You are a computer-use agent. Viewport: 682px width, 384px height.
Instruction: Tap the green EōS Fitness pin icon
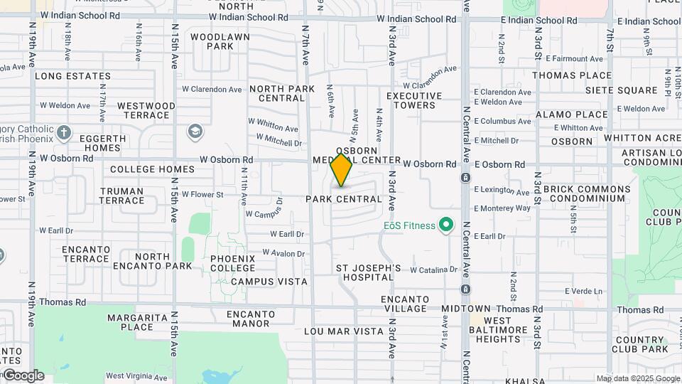click(x=446, y=225)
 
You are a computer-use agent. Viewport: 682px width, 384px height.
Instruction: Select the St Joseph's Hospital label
click(x=369, y=272)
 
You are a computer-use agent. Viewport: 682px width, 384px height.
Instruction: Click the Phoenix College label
click(x=232, y=263)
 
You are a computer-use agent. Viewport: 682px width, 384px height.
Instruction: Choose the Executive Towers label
click(x=414, y=100)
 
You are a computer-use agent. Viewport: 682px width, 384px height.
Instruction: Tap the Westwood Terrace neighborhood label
click(x=146, y=110)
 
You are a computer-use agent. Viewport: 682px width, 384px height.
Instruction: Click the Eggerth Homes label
click(x=102, y=142)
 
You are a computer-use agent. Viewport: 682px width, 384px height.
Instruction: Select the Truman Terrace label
click(x=122, y=196)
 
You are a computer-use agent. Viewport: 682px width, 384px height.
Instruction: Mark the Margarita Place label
click(x=137, y=322)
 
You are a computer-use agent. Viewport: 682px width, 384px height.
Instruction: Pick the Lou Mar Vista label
click(x=344, y=331)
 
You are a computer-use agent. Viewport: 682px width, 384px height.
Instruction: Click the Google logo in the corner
click(x=23, y=375)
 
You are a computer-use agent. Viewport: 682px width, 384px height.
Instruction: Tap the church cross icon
click(x=64, y=132)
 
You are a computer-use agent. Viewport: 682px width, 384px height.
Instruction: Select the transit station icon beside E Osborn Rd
click(x=465, y=177)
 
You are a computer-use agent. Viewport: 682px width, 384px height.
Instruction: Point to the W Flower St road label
click(x=202, y=194)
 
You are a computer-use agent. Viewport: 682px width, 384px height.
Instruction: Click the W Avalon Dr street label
click(x=283, y=253)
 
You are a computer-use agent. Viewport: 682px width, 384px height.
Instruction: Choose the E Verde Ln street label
click(x=583, y=291)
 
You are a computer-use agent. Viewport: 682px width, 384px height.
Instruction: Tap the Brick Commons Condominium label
click(x=586, y=194)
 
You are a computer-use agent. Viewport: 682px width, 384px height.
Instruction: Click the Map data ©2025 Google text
click(x=638, y=378)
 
